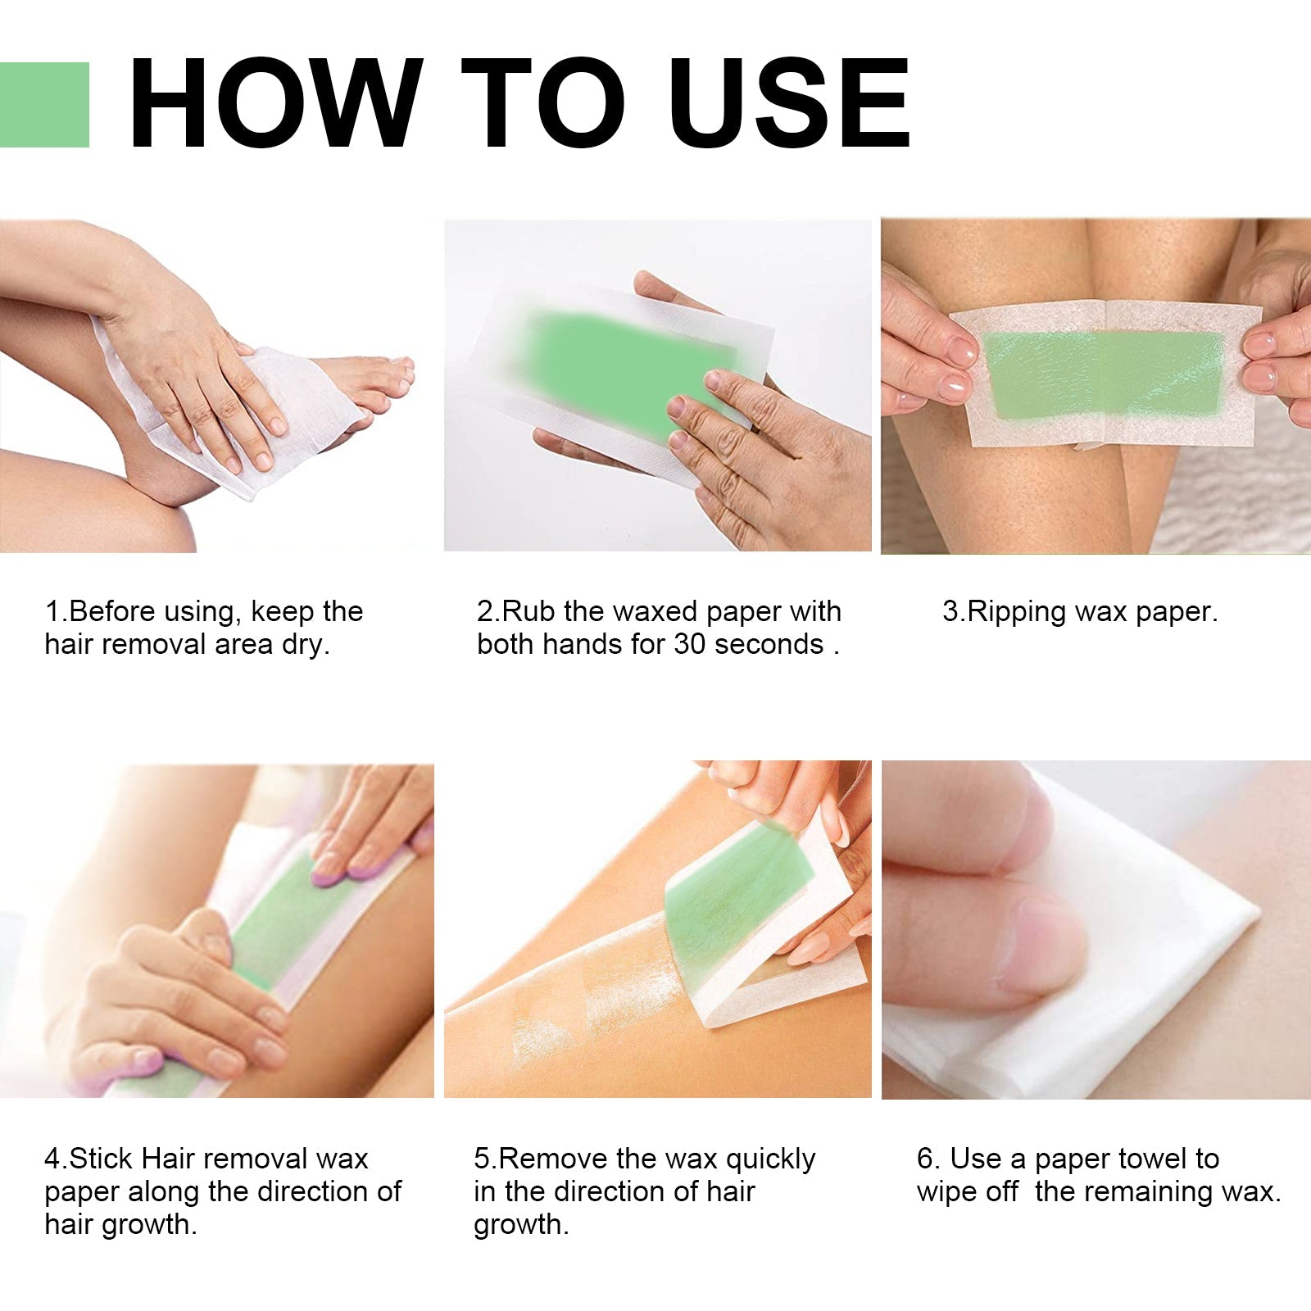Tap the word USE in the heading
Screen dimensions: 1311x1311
pos(790,105)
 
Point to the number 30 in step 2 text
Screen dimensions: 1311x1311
pos(691,645)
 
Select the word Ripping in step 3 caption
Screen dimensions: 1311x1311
pos(1017,612)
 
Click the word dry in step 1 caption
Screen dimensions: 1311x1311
pos(305,645)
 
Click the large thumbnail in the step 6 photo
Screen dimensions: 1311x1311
pos(1041,942)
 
